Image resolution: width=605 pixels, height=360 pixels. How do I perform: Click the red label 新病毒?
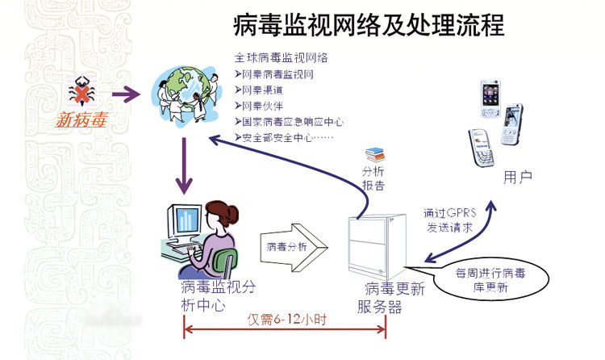tap(81, 122)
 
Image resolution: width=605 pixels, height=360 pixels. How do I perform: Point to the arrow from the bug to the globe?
tap(125, 95)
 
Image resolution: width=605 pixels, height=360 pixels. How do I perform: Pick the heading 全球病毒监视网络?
tap(280, 58)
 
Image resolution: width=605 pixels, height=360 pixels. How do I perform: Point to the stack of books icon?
tap(374, 153)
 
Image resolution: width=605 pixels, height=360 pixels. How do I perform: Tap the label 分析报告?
tap(373, 180)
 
